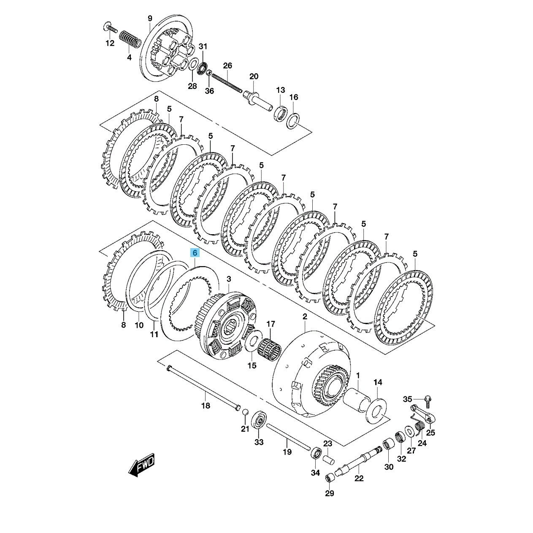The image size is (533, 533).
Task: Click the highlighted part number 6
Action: click(195, 253)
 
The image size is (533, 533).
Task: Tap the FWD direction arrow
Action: click(141, 467)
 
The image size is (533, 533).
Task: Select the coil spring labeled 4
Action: click(130, 40)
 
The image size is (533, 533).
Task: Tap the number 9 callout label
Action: click(150, 19)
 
